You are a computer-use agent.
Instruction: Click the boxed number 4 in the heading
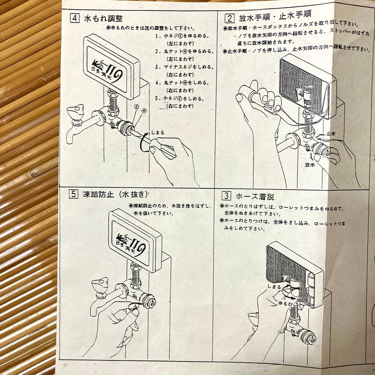[x=74, y=18]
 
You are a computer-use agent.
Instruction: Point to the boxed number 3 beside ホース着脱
[x=226, y=196]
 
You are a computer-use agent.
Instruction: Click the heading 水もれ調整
[x=102, y=18]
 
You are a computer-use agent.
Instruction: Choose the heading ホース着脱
[x=255, y=197]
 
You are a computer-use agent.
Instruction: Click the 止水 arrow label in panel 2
[x=331, y=133]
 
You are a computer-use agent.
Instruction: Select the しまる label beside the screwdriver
[x=157, y=132]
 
